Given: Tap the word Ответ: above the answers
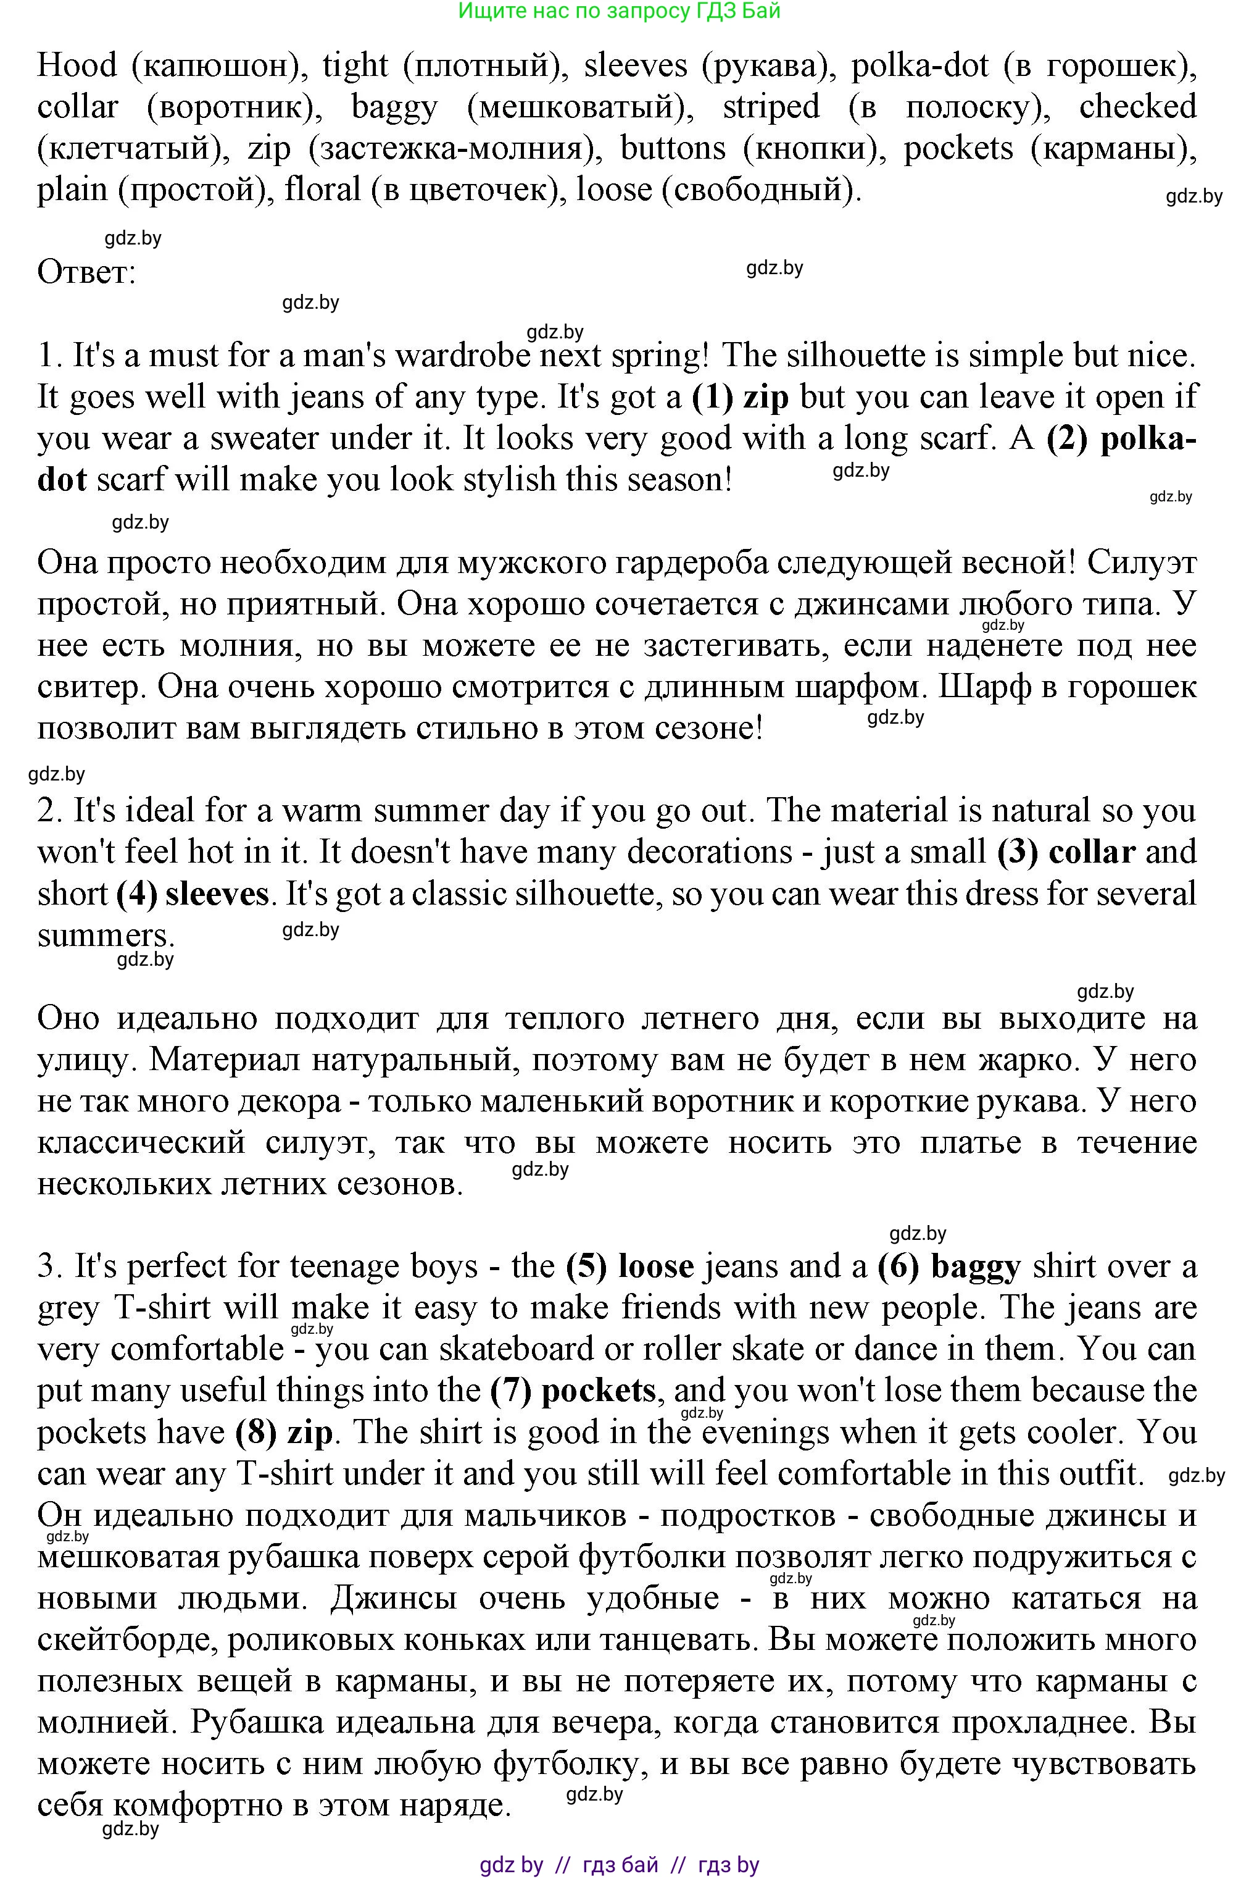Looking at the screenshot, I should [x=86, y=272].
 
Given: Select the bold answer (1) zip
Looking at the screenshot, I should [x=740, y=396].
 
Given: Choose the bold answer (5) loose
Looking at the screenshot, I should [x=630, y=1266].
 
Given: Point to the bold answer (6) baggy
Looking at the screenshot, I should [x=949, y=1266].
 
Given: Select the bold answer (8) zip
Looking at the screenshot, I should [x=283, y=1431].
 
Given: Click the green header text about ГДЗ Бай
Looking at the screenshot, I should [x=620, y=10].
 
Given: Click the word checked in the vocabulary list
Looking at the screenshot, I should [x=1137, y=107].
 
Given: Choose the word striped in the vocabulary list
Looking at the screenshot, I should [x=771, y=107].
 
